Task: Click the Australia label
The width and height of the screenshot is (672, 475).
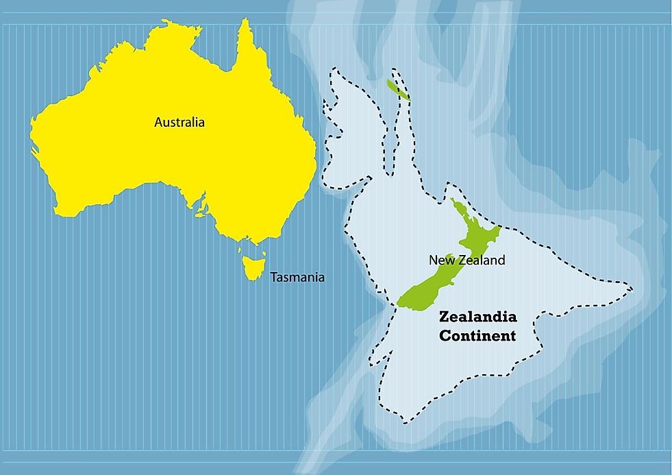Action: point(179,123)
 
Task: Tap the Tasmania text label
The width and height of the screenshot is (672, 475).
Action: point(297,278)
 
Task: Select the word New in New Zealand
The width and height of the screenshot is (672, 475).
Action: point(440,260)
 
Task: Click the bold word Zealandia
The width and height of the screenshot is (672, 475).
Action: point(477,317)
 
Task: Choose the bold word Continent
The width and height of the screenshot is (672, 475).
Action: point(477,336)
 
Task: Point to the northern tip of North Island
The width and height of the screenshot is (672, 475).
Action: point(452,199)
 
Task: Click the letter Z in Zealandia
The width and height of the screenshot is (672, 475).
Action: point(443,317)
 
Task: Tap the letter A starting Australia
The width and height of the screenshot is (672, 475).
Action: point(158,123)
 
